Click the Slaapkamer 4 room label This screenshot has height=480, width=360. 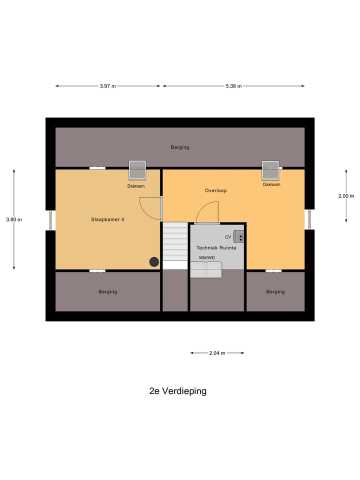pos(107,219)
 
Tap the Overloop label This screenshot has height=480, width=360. pos(216,190)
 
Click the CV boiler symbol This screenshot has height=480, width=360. pos(239,237)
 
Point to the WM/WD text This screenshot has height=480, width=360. pos(206,257)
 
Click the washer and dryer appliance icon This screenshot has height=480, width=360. pos(206,269)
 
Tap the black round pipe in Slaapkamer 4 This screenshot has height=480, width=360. pos(154,261)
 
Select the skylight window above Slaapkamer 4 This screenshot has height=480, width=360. pos(137,170)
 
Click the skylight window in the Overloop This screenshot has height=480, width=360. pos(271,170)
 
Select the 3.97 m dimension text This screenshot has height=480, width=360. pos(107,86)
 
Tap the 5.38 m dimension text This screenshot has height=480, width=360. pos(233,86)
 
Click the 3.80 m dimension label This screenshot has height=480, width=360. pos(14,219)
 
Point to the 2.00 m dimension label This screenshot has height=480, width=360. pos(346,196)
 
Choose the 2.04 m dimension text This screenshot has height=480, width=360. pos(217,353)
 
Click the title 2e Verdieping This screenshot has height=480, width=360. pos(177,391)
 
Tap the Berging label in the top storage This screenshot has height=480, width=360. pos(180,147)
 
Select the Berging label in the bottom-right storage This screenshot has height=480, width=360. pos(275,291)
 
